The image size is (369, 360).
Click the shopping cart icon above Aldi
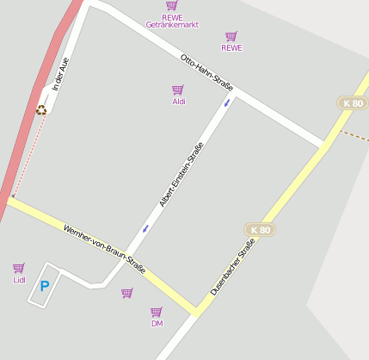(x=177, y=90)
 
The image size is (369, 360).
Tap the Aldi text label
(x=179, y=102)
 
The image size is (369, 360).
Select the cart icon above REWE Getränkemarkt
(x=172, y=5)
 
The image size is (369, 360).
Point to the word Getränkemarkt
(x=172, y=25)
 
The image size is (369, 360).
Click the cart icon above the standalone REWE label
(x=231, y=36)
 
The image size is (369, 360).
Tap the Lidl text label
(x=19, y=280)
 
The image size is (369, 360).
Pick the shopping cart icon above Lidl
(x=19, y=268)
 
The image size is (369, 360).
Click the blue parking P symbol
(x=45, y=286)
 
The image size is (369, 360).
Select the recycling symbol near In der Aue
(x=41, y=109)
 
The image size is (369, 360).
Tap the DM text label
(x=157, y=324)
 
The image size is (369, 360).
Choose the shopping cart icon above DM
(x=157, y=312)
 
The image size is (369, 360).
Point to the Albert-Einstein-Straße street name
(x=181, y=175)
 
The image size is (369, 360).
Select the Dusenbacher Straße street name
(x=232, y=268)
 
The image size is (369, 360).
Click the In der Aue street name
(x=59, y=74)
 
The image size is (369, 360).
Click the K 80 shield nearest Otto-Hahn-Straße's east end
(x=353, y=103)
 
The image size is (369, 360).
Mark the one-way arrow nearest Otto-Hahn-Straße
(x=227, y=102)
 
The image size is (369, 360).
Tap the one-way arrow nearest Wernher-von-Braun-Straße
(x=145, y=228)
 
